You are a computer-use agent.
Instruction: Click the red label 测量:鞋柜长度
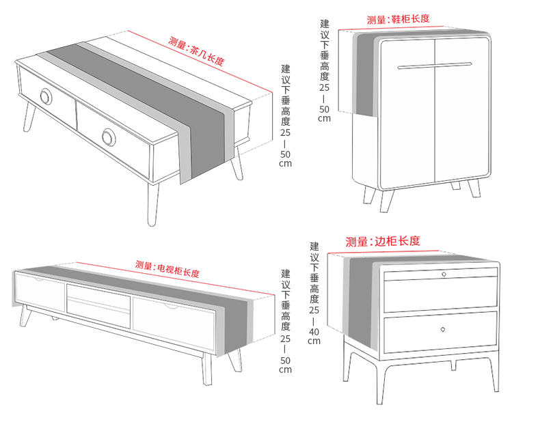click(398, 19)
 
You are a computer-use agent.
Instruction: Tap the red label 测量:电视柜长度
click(167, 269)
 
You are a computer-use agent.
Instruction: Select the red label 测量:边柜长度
click(382, 241)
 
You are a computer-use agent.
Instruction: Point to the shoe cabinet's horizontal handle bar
click(434, 66)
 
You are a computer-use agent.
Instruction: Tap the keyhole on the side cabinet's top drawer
click(443, 274)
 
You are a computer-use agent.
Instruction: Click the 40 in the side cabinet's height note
click(314, 332)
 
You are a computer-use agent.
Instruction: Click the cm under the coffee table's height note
click(285, 164)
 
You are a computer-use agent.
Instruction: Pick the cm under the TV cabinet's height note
click(285, 369)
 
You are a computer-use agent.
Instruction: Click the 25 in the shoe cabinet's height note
click(323, 88)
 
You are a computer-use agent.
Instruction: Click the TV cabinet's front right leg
click(206, 369)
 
